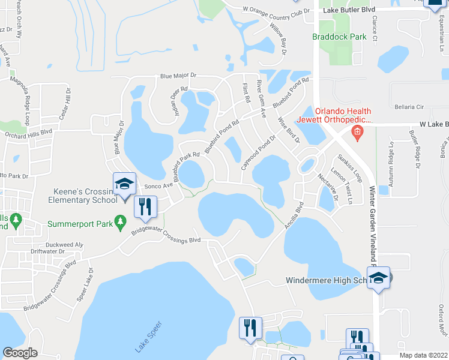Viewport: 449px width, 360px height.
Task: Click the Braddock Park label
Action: coord(339,37)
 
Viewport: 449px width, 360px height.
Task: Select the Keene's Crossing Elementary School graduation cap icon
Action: coord(124,184)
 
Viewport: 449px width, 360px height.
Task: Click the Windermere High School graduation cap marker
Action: coord(378,278)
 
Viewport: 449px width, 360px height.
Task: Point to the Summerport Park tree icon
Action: coord(120,223)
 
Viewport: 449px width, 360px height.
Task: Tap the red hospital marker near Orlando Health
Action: coord(358,132)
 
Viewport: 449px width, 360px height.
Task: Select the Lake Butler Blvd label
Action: coord(349,10)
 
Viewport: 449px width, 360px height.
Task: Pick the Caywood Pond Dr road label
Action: coord(259,152)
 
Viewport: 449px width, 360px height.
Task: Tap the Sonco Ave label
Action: coord(158,186)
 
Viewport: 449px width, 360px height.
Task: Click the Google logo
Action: coord(20,353)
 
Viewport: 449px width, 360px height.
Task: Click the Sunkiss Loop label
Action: coord(349,168)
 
